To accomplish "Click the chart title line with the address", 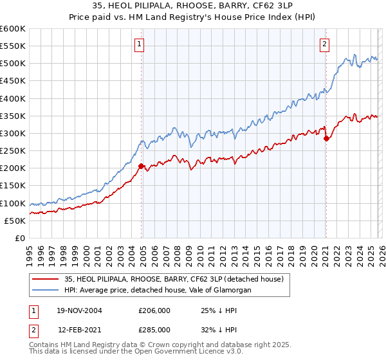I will pos(192,6).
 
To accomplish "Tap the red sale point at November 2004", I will pos(142,166).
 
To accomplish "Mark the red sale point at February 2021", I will pos(326,138).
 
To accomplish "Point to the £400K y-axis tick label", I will pos(13,98).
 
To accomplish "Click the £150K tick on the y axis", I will pos(13,186).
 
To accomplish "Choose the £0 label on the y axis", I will pos(19,238).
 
